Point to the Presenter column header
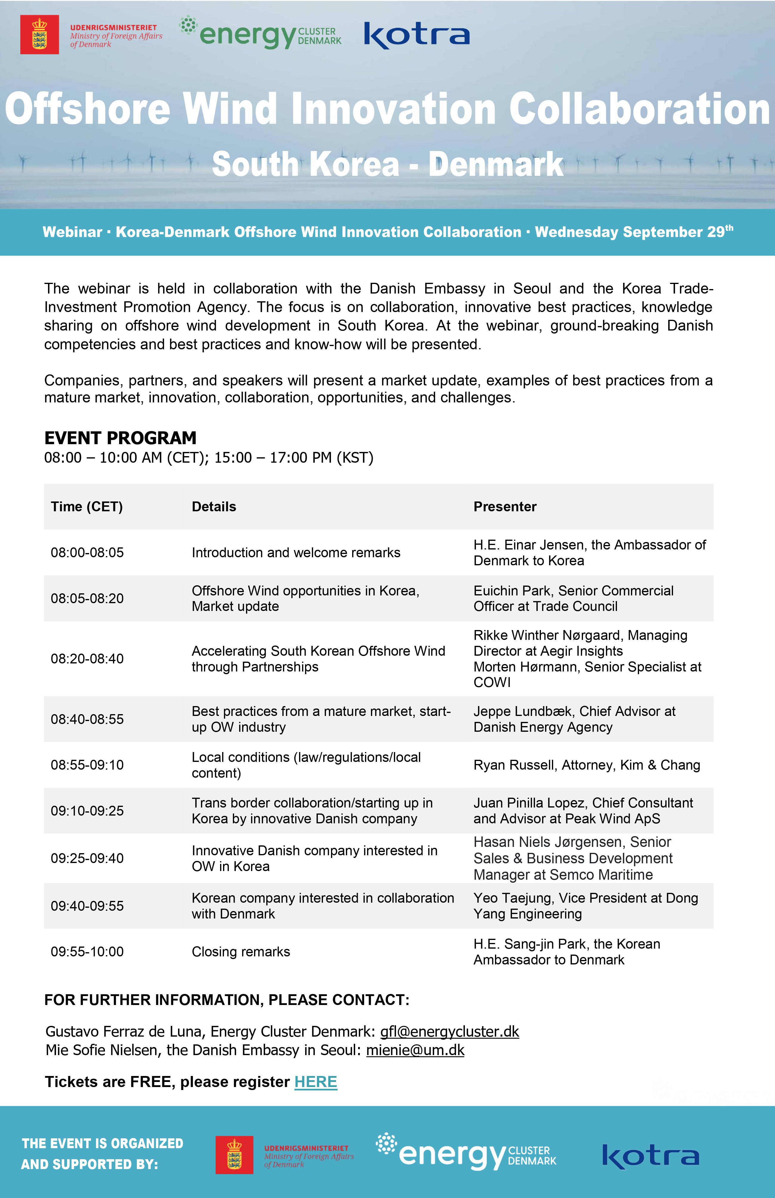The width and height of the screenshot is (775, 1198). coord(505,507)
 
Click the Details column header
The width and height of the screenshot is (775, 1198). coord(214,507)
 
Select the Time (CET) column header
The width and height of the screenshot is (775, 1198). coord(86,507)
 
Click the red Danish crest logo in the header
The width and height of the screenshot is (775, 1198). coord(39,35)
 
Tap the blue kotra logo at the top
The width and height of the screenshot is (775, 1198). coord(416,35)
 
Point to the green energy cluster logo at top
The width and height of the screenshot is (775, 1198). coord(261,34)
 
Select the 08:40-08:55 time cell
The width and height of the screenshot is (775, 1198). coord(87,719)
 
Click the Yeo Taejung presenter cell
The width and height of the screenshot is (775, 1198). coord(585,906)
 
